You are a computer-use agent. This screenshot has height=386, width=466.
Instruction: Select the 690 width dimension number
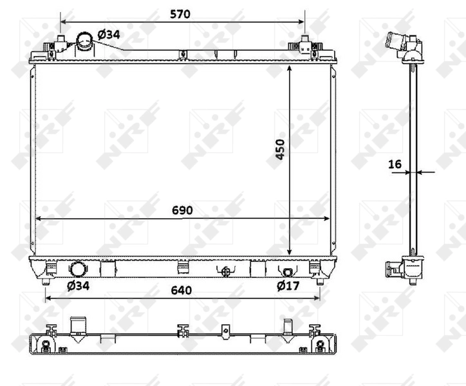coord(182,210)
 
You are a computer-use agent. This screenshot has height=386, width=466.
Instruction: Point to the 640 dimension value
coord(182,290)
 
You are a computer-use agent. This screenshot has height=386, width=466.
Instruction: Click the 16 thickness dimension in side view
coord(395,164)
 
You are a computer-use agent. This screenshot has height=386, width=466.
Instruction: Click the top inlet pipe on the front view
coord(84,42)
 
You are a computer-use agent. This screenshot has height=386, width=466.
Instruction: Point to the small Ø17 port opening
coord(287,271)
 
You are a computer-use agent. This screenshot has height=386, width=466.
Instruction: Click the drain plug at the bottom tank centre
coord(225,271)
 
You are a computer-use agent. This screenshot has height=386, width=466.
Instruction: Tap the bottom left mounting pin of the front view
coord(45,282)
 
